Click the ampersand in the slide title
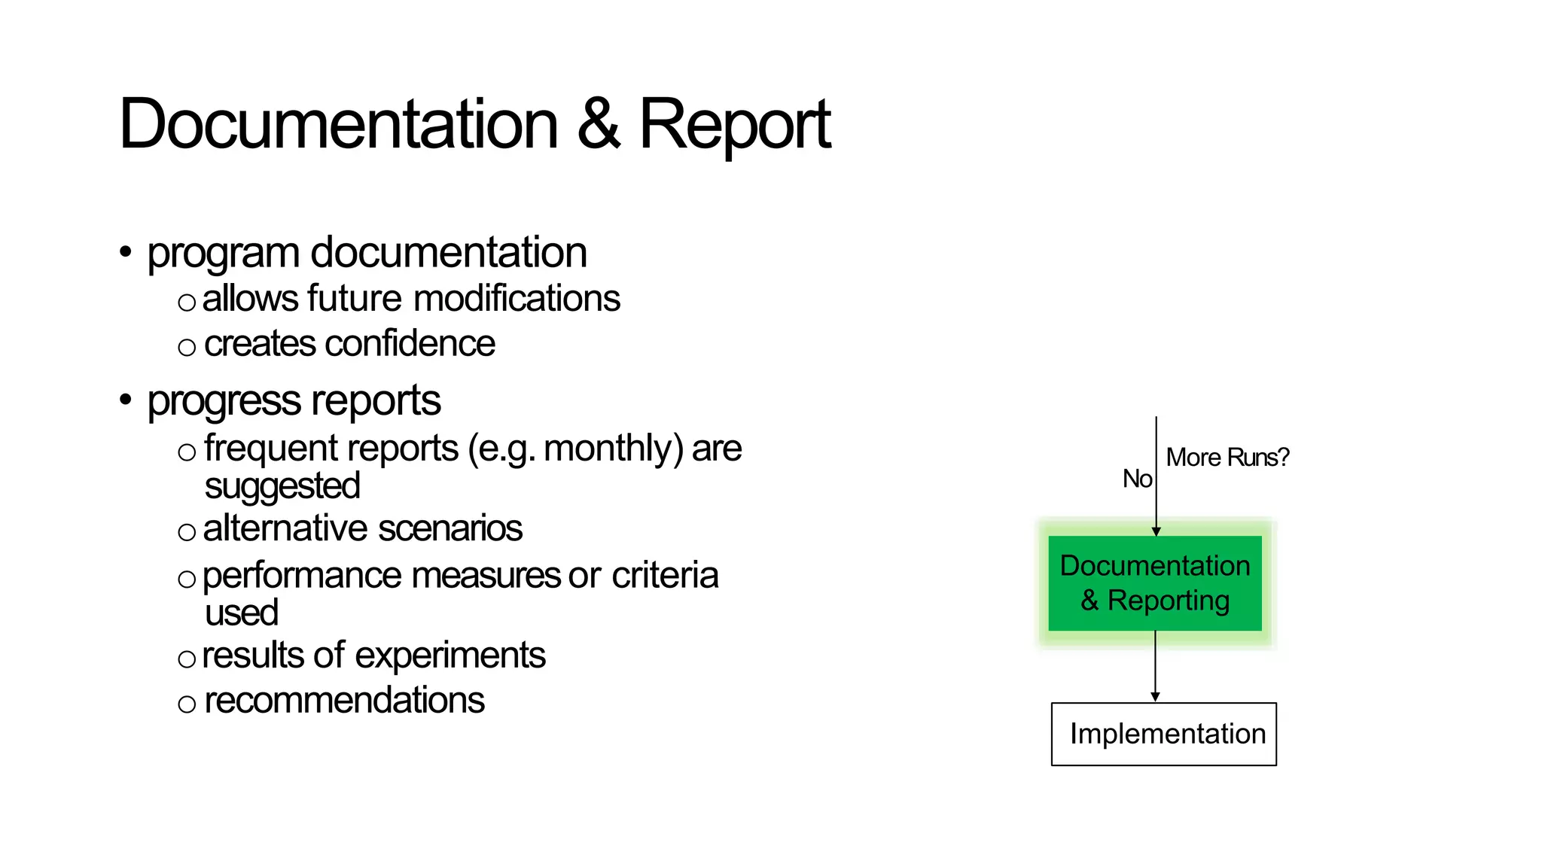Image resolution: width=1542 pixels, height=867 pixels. [599, 124]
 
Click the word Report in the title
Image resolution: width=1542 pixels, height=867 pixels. [734, 126]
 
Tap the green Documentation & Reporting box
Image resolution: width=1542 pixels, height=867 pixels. [1154, 583]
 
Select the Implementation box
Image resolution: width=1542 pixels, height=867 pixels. [1163, 734]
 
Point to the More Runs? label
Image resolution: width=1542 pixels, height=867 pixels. [1227, 457]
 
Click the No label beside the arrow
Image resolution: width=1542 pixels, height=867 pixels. [1137, 479]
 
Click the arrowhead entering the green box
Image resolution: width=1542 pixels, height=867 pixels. [1156, 531]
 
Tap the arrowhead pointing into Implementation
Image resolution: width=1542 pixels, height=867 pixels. [1155, 698]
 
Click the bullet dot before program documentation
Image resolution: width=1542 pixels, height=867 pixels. [126, 251]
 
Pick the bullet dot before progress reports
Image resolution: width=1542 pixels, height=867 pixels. [126, 400]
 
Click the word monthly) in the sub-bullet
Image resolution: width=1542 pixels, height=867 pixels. [614, 449]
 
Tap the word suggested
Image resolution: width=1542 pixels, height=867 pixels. [282, 486]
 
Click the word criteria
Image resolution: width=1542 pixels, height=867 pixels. [665, 576]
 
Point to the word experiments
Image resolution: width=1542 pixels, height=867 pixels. [450, 656]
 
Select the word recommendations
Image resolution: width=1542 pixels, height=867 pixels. [344, 701]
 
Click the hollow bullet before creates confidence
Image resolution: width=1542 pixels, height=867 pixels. [187, 348]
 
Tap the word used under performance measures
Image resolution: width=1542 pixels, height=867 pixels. [241, 613]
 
